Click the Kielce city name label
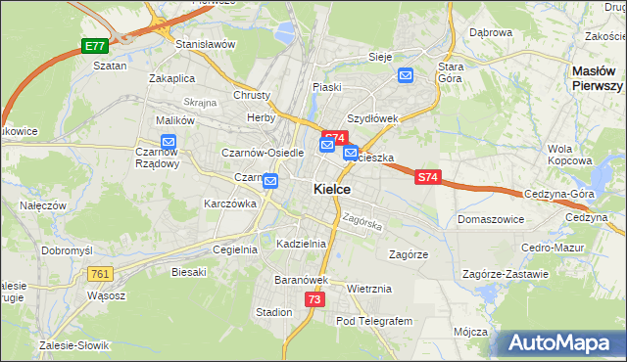(332, 189)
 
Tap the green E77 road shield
(94, 46)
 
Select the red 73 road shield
(313, 299)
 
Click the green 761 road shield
(99, 274)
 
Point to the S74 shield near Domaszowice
(426, 178)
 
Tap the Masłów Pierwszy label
(598, 78)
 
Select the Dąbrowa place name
(491, 32)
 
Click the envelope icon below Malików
(168, 142)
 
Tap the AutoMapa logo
(562, 343)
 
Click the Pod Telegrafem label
(374, 320)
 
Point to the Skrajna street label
(199, 102)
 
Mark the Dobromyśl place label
(67, 250)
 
